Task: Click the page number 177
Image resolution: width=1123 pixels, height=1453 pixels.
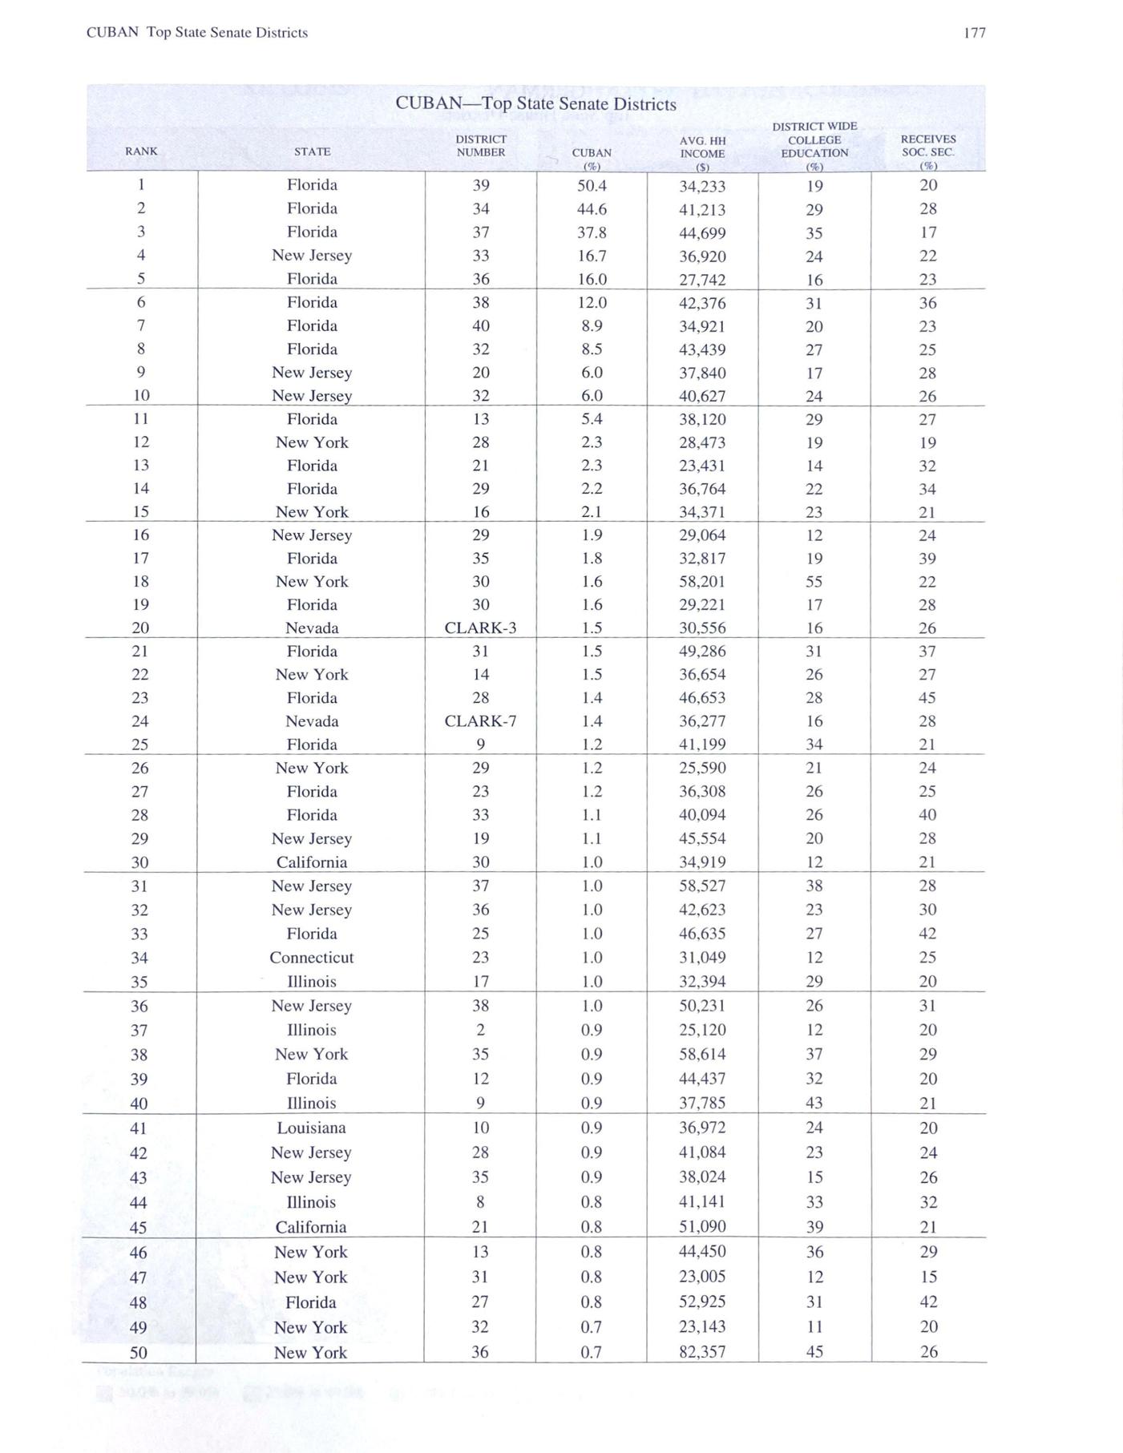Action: click(x=974, y=33)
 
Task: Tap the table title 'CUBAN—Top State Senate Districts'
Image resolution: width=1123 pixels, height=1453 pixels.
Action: click(x=535, y=104)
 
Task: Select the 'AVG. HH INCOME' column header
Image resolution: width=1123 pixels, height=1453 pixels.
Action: click(x=702, y=147)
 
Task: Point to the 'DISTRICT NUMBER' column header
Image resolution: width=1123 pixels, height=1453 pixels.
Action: click(x=481, y=145)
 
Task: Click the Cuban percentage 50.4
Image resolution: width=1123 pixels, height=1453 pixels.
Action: click(x=592, y=186)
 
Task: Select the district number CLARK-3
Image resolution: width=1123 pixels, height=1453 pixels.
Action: click(x=480, y=628)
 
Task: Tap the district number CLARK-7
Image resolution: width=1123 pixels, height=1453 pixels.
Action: click(x=480, y=721)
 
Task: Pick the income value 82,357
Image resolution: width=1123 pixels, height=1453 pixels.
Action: click(x=702, y=1352)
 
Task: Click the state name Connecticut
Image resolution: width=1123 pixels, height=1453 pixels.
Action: click(x=311, y=958)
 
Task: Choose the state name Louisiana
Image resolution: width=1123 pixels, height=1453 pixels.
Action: click(x=311, y=1128)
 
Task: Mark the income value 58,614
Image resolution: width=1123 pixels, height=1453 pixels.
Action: click(x=702, y=1055)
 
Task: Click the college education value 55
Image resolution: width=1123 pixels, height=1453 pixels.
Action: click(x=814, y=582)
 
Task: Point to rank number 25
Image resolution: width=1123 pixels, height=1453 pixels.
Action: click(x=140, y=745)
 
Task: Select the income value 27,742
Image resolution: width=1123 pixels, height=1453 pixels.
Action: click(x=702, y=280)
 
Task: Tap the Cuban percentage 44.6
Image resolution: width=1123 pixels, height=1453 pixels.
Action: click(x=592, y=209)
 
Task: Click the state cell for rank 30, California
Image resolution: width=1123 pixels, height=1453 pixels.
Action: click(x=311, y=862)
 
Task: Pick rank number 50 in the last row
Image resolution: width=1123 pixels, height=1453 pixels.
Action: click(x=139, y=1353)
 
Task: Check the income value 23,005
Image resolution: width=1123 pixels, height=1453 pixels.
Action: click(x=702, y=1277)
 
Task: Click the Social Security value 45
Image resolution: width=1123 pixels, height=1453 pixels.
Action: click(x=927, y=698)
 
